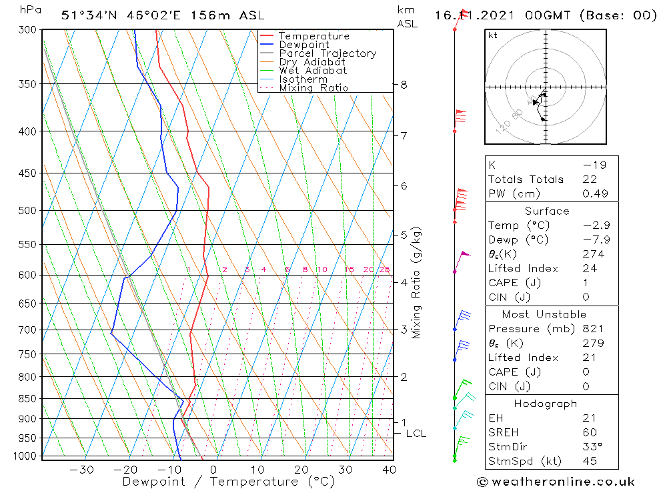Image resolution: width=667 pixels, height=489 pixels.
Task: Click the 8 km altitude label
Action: point(404,85)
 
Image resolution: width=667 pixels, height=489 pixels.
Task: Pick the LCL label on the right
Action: point(416,434)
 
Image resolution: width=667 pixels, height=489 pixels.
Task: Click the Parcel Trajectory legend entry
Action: point(327,53)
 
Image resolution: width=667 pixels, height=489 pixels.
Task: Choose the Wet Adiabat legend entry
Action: point(312,71)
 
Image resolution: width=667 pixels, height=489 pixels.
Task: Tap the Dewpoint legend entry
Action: point(303,45)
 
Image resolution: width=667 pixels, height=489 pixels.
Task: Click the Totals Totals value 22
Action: point(590,179)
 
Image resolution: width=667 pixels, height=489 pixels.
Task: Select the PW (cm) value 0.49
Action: point(591,193)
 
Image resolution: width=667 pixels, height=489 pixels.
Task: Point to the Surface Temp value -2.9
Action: point(591,225)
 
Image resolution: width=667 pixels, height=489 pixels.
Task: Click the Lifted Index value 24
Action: point(590,268)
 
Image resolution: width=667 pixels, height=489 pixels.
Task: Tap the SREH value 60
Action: point(590,432)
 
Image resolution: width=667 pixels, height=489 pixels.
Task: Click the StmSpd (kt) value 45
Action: point(590,461)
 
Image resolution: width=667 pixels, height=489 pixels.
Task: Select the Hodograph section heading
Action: point(546,404)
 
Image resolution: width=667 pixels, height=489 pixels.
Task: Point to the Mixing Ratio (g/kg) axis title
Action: point(417,283)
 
